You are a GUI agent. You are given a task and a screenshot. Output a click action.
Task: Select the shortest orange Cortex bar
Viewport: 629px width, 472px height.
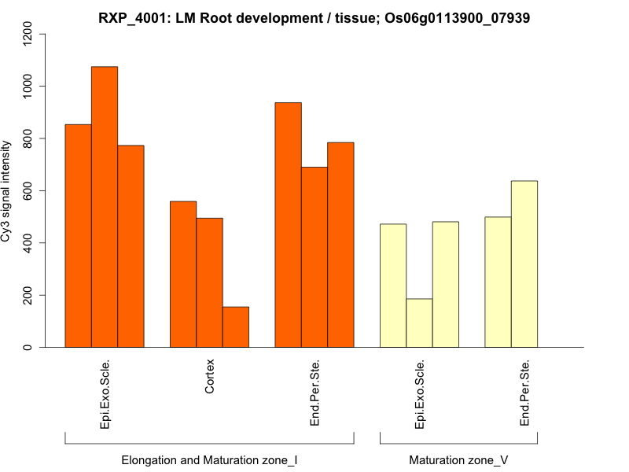coord(236,327)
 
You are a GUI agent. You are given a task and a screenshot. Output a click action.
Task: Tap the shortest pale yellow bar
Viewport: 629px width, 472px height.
coord(419,323)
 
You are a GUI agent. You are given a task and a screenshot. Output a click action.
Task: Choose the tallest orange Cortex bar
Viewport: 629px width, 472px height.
coord(183,275)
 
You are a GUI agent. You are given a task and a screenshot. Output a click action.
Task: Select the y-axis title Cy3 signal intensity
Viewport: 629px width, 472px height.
coord(7,190)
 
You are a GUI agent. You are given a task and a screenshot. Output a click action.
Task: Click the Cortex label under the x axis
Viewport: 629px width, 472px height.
coord(209,378)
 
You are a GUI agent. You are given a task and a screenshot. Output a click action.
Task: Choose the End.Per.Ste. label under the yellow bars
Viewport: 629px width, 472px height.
coord(524,393)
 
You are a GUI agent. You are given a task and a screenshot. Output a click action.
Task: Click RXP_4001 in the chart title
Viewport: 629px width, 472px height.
coord(131,17)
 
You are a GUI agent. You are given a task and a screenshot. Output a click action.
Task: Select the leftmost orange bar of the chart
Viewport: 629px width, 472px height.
coord(78,236)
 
